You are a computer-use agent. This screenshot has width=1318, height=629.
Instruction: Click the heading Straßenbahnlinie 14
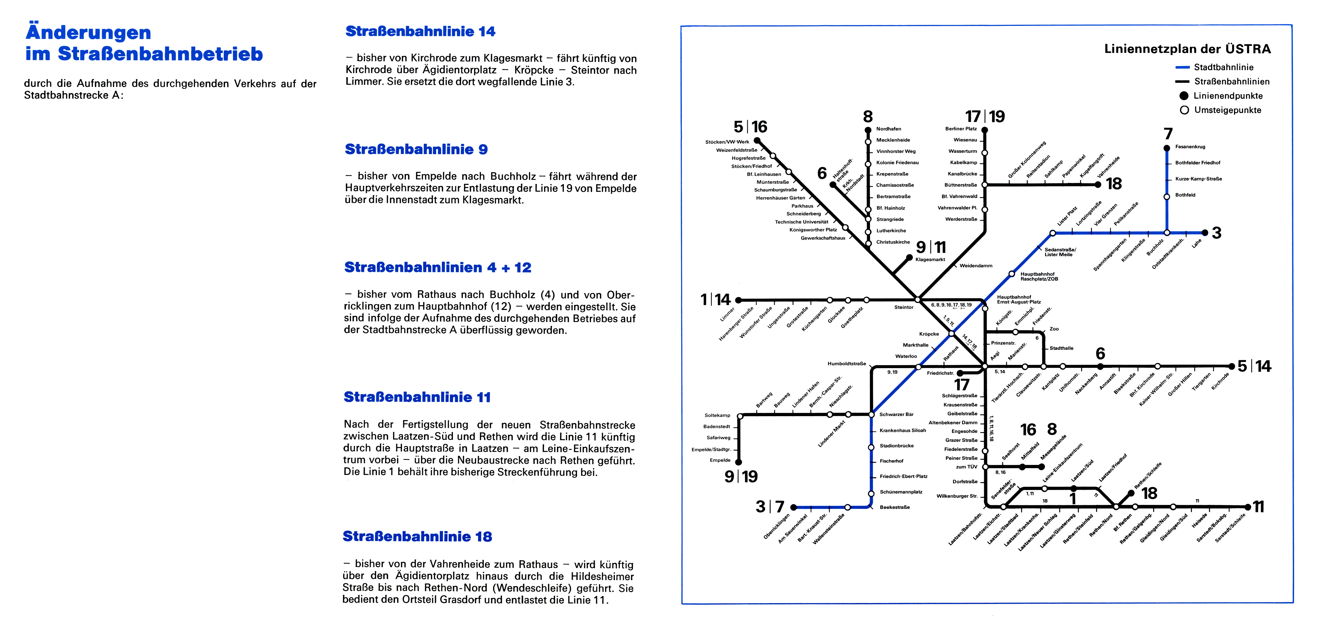(420, 31)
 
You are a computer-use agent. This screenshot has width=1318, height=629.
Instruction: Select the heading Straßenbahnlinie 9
(416, 149)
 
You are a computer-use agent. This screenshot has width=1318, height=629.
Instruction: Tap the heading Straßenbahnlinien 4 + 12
(437, 268)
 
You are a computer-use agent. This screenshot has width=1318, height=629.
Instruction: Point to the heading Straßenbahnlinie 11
(417, 397)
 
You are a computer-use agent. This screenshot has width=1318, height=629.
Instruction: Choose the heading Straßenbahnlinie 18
(417, 536)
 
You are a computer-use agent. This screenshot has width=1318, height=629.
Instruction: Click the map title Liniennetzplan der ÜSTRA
(1187, 49)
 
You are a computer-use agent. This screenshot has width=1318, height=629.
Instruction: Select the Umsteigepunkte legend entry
(1227, 110)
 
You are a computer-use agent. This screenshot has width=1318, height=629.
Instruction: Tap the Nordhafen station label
(889, 129)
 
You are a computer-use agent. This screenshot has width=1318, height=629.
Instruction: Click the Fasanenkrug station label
(1190, 147)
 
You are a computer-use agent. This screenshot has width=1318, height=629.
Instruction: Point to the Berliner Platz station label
(961, 129)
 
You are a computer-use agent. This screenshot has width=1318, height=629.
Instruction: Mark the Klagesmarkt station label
(930, 260)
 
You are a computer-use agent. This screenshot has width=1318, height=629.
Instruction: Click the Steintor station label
(904, 307)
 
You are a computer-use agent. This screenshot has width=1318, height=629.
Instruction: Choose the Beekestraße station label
(895, 507)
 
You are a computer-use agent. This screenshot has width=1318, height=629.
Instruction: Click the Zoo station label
(1054, 329)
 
